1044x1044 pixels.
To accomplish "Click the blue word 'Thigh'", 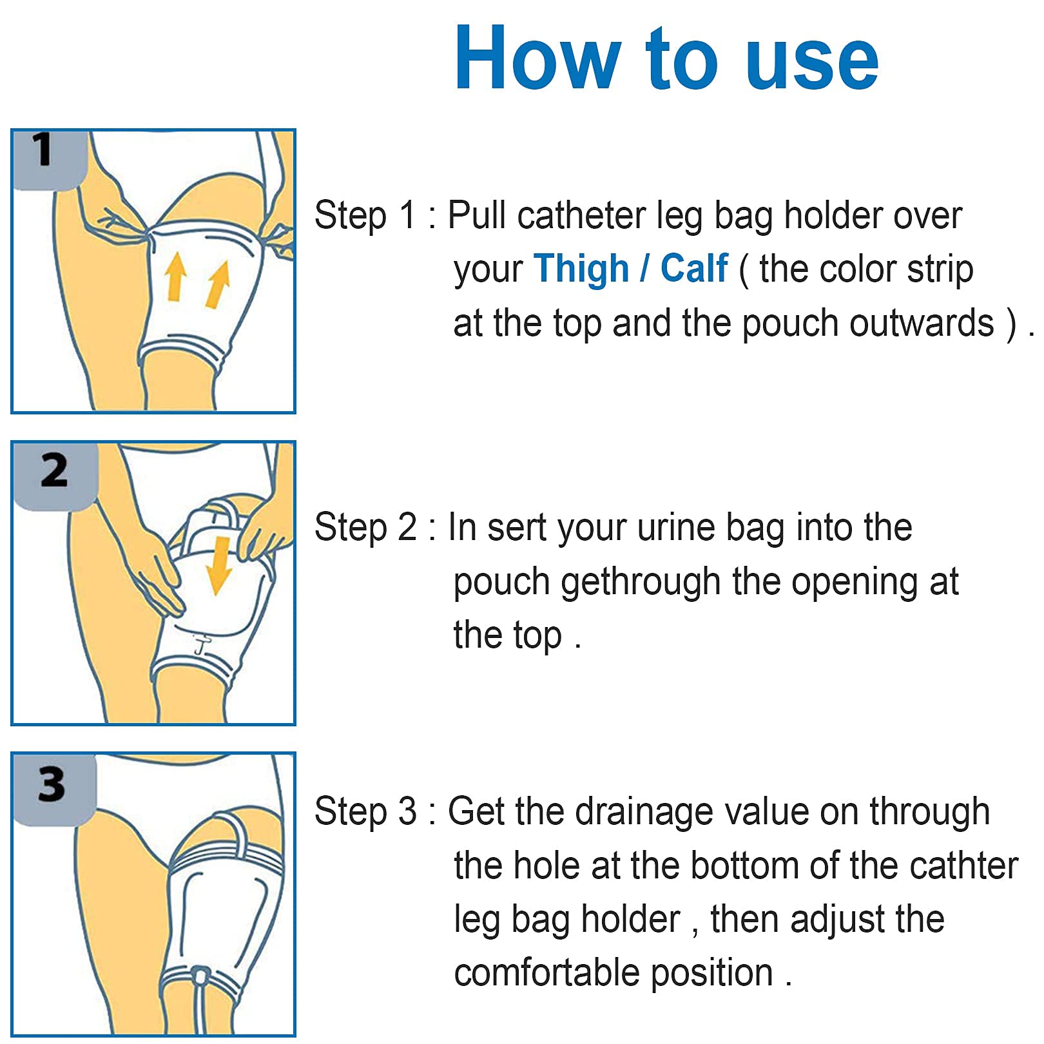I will pyautogui.click(x=581, y=269).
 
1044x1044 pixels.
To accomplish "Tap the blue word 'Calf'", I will pyautogui.click(x=694, y=269).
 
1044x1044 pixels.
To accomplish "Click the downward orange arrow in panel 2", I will pyautogui.click(x=220, y=565).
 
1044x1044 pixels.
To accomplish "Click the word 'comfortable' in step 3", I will pyautogui.click(x=548, y=972).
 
